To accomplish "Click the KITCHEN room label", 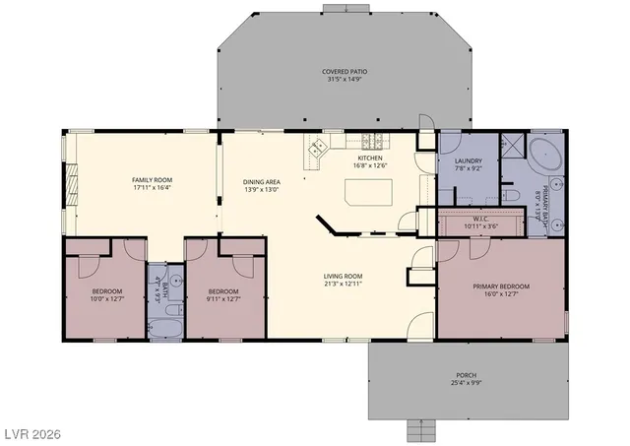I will click(x=369, y=158).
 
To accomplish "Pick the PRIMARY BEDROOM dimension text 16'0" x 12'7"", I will click(x=502, y=293).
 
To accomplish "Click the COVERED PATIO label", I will click(x=343, y=72).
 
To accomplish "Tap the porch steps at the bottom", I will click(x=421, y=430).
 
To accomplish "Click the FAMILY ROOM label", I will click(x=152, y=178).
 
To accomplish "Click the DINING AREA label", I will click(x=262, y=181).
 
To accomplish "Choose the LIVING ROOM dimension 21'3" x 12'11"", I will click(x=345, y=284).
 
